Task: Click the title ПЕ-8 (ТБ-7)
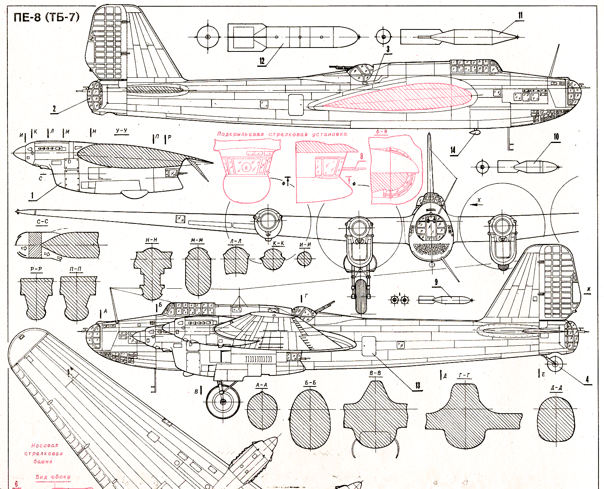pos(46,18)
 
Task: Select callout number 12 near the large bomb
pos(262,61)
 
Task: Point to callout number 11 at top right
pos(520,16)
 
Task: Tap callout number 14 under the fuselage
pos(453,150)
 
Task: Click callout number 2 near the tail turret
pos(54,109)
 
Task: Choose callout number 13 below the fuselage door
pos(417,385)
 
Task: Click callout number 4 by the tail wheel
pos(587,379)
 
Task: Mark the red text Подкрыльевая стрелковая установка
pos(282,134)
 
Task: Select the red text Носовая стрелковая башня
pos(44,453)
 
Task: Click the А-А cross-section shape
pos(262,410)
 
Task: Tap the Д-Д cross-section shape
pos(556,418)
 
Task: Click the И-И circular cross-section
pos(304,259)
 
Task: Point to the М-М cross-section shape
pos(198,271)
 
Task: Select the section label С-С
pos(42,222)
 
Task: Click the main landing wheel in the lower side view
pos(223,402)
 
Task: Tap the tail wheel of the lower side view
pos(555,364)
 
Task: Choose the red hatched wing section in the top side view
pos(397,97)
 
